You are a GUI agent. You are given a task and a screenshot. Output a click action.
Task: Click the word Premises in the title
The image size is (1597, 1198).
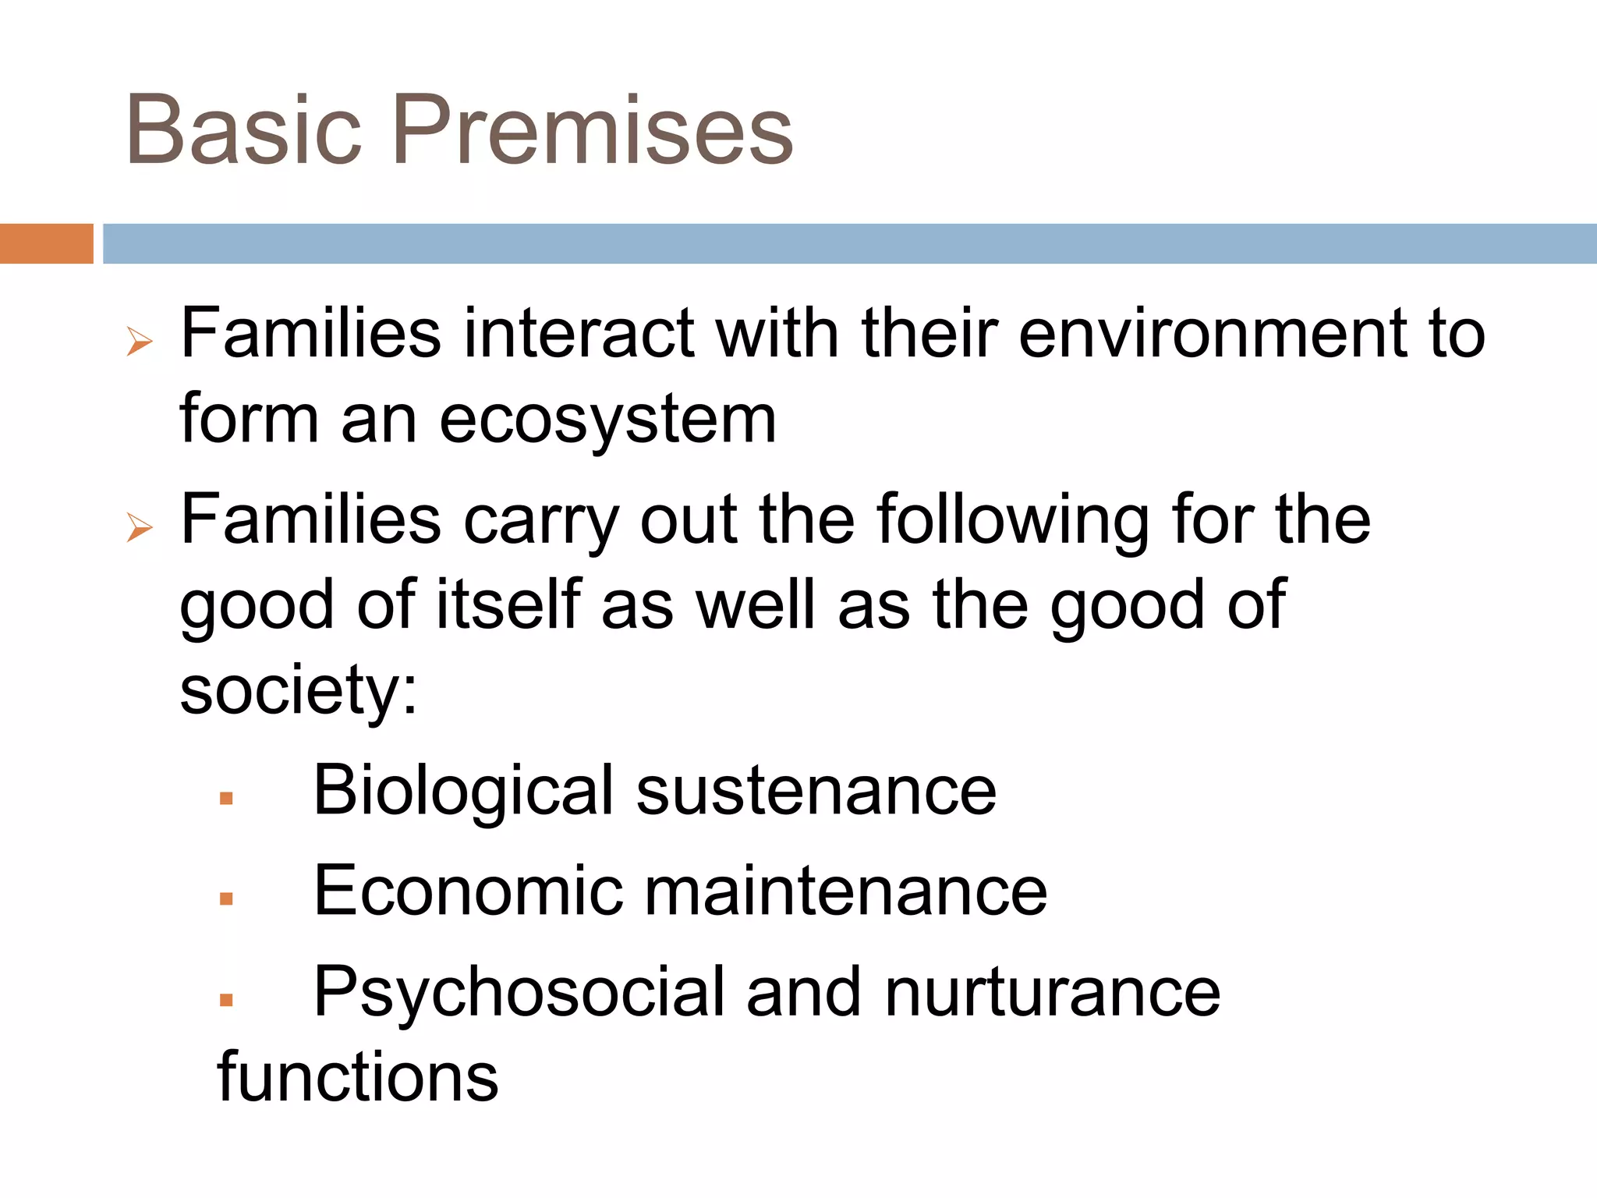click(x=593, y=130)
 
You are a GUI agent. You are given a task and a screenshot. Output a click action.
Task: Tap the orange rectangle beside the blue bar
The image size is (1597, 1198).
click(x=46, y=243)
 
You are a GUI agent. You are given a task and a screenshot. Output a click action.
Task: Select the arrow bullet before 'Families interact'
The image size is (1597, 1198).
click(x=140, y=342)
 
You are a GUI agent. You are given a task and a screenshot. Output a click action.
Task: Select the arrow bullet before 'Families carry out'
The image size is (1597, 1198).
click(x=140, y=528)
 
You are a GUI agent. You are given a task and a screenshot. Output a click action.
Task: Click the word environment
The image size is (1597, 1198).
click(x=1211, y=334)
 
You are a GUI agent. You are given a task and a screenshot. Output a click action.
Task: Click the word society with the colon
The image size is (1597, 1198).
click(x=299, y=691)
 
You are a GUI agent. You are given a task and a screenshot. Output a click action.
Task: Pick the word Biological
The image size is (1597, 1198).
click(x=463, y=791)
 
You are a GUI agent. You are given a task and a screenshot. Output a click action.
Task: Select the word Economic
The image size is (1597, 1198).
click(x=468, y=891)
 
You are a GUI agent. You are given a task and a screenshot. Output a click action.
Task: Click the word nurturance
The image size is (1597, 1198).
click(x=1052, y=992)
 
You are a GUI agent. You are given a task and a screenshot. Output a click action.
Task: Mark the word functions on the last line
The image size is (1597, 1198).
click(x=357, y=1077)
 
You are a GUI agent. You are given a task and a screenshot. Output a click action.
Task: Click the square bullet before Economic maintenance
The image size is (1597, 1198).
click(x=226, y=898)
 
